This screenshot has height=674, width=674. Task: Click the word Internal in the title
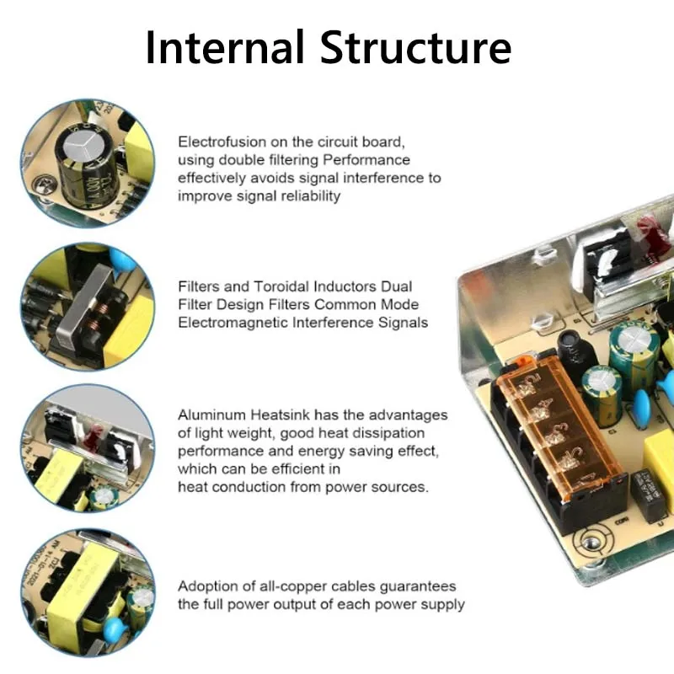224,47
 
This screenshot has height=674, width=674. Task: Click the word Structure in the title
417,47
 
